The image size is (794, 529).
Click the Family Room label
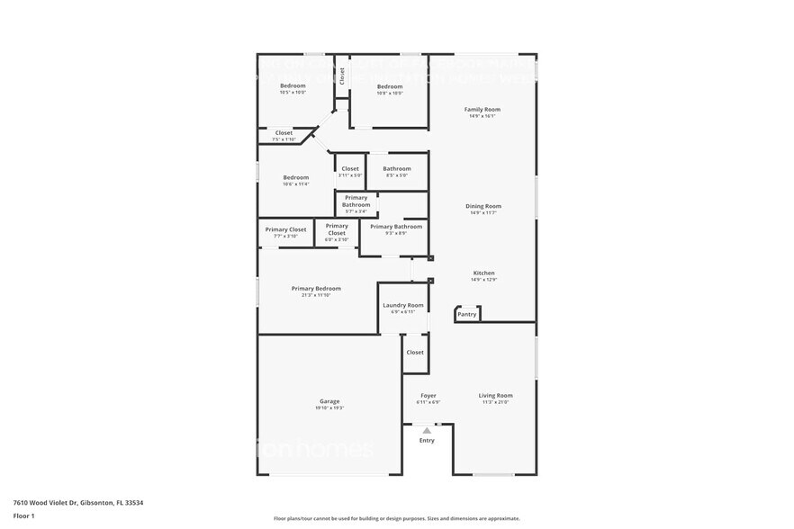click(483, 110)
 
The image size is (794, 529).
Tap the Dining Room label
click(483, 206)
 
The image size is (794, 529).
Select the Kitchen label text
click(483, 273)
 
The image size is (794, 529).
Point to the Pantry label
click(466, 314)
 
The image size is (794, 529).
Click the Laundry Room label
click(402, 305)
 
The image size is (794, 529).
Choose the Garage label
click(329, 401)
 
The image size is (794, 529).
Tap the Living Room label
click(495, 395)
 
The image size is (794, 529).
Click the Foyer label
click(428, 395)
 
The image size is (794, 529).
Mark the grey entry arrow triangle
click(427, 431)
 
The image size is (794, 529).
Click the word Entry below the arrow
click(427, 440)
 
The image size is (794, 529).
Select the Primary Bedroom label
click(315, 289)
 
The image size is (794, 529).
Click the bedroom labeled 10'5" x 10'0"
click(293, 92)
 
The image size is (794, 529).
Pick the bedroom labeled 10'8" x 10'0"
click(390, 92)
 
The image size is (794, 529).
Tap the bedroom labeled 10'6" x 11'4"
click(295, 184)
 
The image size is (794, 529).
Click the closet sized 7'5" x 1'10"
click(284, 139)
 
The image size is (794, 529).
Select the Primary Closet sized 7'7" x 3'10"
click(285, 236)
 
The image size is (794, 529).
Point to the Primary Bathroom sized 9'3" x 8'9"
click(395, 233)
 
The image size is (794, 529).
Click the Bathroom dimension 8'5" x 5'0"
click(396, 175)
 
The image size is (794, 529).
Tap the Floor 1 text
click(24, 516)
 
